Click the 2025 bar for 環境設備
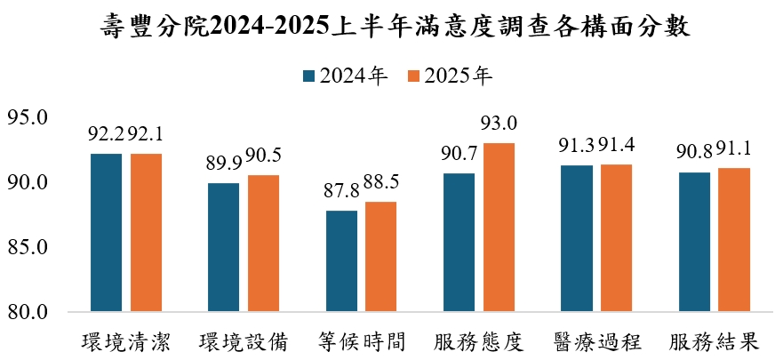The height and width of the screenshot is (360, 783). coord(263,244)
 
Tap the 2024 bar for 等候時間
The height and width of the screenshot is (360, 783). coord(342,261)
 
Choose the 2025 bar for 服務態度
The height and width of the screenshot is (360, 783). coord(499,228)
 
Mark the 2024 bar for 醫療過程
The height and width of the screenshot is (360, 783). coord(577,238)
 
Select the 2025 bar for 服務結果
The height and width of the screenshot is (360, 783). coord(734,240)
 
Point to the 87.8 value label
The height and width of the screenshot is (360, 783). coord(341,191)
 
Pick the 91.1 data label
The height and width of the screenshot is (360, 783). coord(735,148)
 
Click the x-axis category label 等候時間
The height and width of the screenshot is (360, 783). coord(362,341)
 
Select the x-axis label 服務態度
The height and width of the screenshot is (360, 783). coord(479,341)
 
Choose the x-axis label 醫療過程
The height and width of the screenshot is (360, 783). coord(596,341)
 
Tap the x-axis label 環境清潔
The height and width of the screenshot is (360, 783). coord(126,341)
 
